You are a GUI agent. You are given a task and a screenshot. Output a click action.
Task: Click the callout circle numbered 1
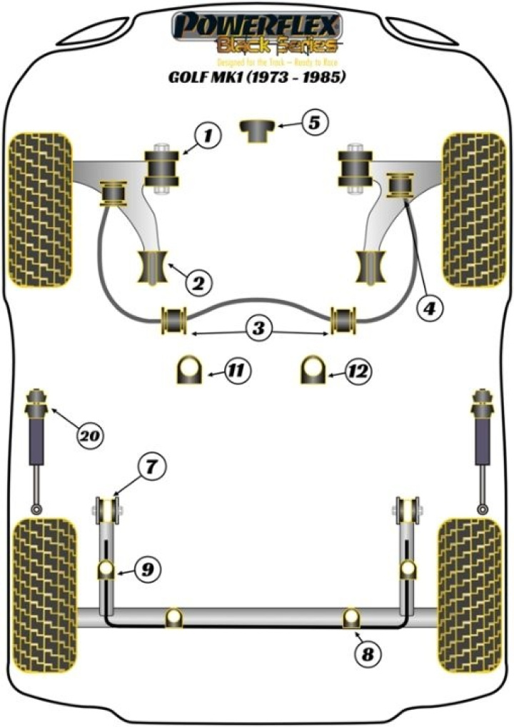pos(206,134)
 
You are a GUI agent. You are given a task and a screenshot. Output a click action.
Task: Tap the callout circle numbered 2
pos(198,283)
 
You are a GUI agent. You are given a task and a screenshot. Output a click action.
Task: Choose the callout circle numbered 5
pos(315,123)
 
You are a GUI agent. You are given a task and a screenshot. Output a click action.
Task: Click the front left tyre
pos(40,207)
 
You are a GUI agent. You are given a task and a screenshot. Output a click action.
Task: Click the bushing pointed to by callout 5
pos(257,131)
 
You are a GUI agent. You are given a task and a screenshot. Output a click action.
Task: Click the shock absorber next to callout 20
pos(36,443)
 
